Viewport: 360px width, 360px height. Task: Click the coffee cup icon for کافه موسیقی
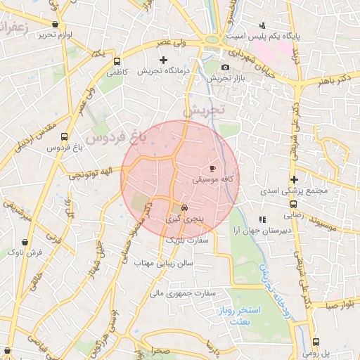(x=213, y=169)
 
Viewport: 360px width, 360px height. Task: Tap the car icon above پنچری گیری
(x=184, y=208)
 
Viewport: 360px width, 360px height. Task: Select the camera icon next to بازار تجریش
(x=225, y=67)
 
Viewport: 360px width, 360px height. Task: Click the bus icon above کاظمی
(x=117, y=60)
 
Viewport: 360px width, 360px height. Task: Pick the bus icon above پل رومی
(x=315, y=342)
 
